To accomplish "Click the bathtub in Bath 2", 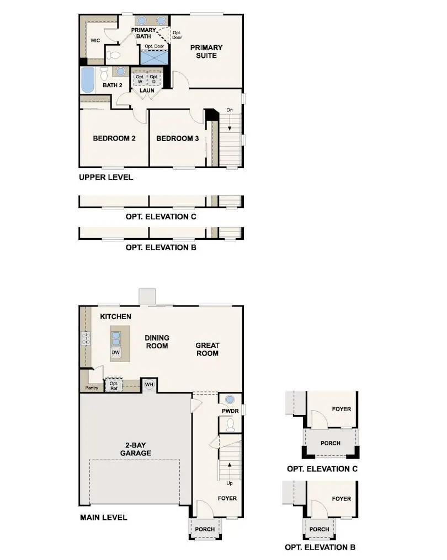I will (x=88, y=79).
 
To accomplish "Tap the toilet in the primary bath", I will (x=114, y=55).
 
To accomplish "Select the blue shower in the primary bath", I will (x=155, y=57).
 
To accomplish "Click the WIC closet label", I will (x=95, y=40).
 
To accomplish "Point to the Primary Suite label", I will (x=206, y=51).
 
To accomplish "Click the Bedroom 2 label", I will (x=114, y=138).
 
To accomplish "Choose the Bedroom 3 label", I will (x=177, y=138).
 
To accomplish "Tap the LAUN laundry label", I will (x=146, y=90).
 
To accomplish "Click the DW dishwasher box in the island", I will (x=116, y=353).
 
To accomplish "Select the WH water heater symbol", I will (x=149, y=384).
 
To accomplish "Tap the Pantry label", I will (x=92, y=387).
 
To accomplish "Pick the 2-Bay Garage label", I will (x=135, y=449).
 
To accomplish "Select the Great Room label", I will (x=207, y=349).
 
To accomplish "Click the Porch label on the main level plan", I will (x=205, y=529).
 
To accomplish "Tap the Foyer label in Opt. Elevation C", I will (x=341, y=409).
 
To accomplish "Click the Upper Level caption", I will (x=106, y=177).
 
